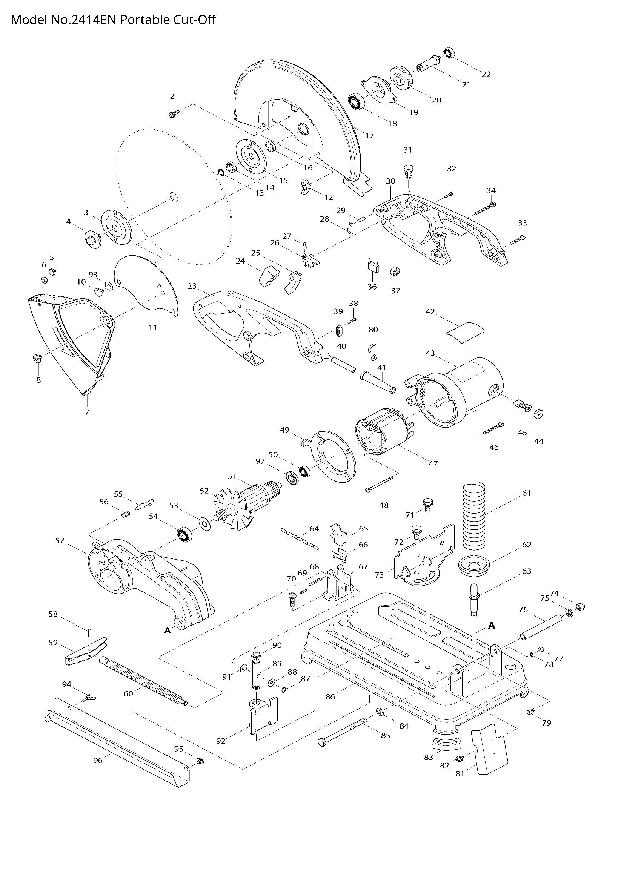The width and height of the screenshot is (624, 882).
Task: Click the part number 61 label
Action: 526,493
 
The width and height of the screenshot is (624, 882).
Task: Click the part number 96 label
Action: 98,760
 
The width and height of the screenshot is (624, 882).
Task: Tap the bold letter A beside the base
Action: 491,627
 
